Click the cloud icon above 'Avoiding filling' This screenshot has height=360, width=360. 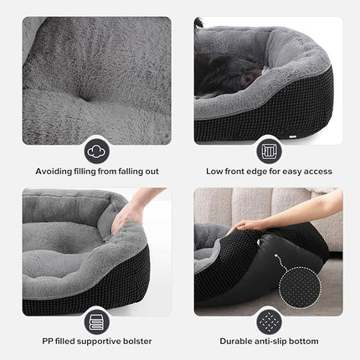coord(96,151)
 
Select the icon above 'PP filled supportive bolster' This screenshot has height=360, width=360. coord(96,321)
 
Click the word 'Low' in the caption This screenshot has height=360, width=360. coord(213,172)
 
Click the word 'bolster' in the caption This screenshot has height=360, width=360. coord(142,342)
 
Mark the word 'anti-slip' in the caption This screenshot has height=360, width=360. coord(277,342)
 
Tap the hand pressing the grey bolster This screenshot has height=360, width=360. coord(128,216)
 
